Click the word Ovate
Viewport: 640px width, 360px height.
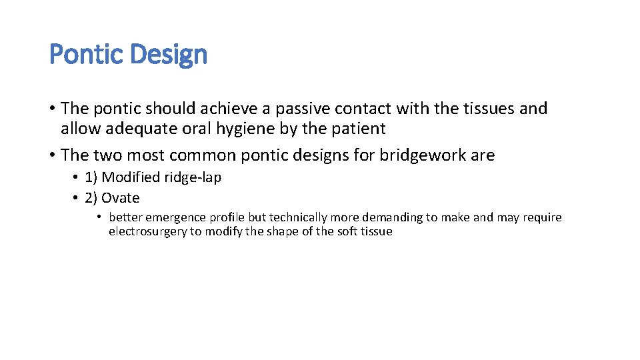(121, 198)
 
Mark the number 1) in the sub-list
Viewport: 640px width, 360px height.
(91, 177)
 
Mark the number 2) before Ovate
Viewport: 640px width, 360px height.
(91, 198)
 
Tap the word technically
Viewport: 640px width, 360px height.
(298, 217)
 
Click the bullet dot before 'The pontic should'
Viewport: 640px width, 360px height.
(53, 109)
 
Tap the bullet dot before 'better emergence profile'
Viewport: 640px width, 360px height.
(99, 217)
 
